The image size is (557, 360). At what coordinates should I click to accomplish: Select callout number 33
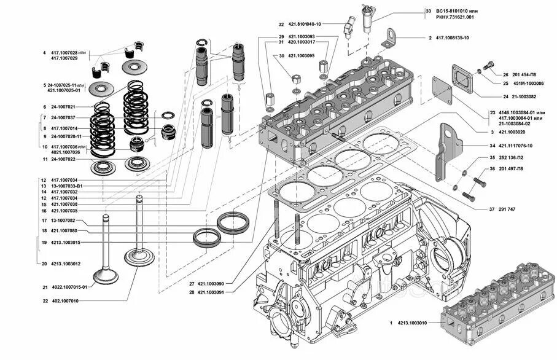tap(428, 12)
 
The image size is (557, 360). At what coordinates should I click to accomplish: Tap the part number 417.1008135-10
tap(453, 38)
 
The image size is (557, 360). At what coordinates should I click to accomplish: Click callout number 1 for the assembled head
tap(391, 323)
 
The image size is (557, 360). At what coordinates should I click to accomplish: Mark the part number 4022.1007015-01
tap(69, 287)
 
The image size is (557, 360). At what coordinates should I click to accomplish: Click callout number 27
tap(191, 283)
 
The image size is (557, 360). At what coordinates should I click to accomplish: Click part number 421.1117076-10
tap(516, 146)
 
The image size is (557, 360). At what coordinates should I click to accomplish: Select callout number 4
tap(44, 53)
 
